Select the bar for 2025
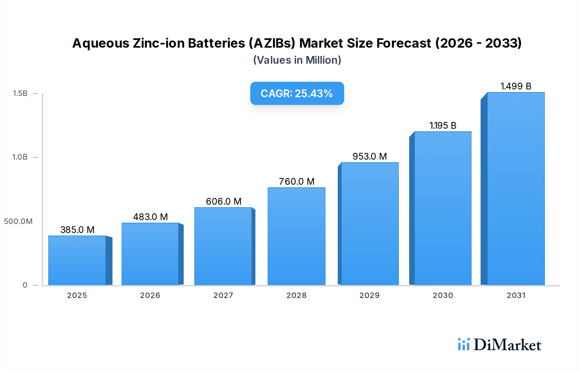coord(77,261)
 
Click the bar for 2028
coord(296,237)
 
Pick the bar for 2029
coord(370,224)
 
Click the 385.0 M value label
coord(77,230)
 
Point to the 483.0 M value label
coord(150,217)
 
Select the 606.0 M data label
coord(224,201)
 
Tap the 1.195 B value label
coord(443,126)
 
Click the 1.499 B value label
coord(516,86)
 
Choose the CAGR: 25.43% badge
coord(297,93)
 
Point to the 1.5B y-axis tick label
coord(20,93)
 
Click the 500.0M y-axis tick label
coord(18,221)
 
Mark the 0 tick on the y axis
coord(25,285)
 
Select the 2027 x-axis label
coord(223,295)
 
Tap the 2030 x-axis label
coord(443,295)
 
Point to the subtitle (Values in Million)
coord(297,60)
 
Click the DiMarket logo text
coord(507,345)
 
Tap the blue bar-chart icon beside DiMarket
coord(464,344)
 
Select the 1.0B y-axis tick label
coord(20,157)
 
